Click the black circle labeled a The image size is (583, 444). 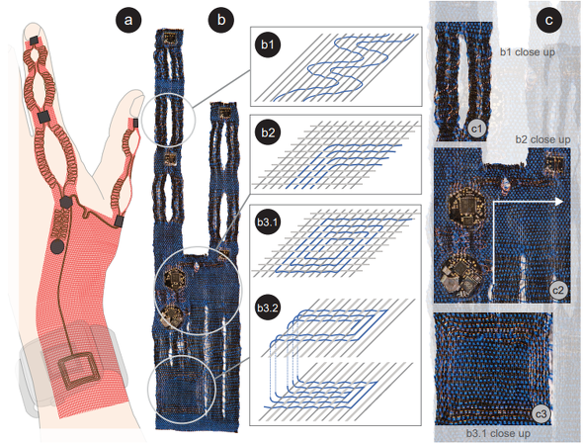click(x=128, y=20)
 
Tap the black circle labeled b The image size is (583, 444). click(x=221, y=20)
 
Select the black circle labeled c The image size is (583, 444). click(x=548, y=20)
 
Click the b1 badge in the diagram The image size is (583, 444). click(x=268, y=44)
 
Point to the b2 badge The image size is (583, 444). click(x=268, y=133)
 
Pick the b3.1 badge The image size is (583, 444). click(x=268, y=222)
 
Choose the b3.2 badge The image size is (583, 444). click(x=268, y=308)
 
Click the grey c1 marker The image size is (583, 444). click(x=477, y=130)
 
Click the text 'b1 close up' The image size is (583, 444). click(x=528, y=52)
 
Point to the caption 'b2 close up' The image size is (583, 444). click(x=542, y=139)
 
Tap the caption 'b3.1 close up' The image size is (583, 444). click(x=498, y=433)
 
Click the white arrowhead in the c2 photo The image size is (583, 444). click(x=559, y=202)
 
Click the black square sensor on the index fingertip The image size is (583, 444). click(x=35, y=41)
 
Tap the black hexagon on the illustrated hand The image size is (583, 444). click(x=66, y=203)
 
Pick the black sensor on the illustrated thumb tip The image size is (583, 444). click(x=135, y=123)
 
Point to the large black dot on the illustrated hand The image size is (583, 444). click(x=57, y=247)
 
